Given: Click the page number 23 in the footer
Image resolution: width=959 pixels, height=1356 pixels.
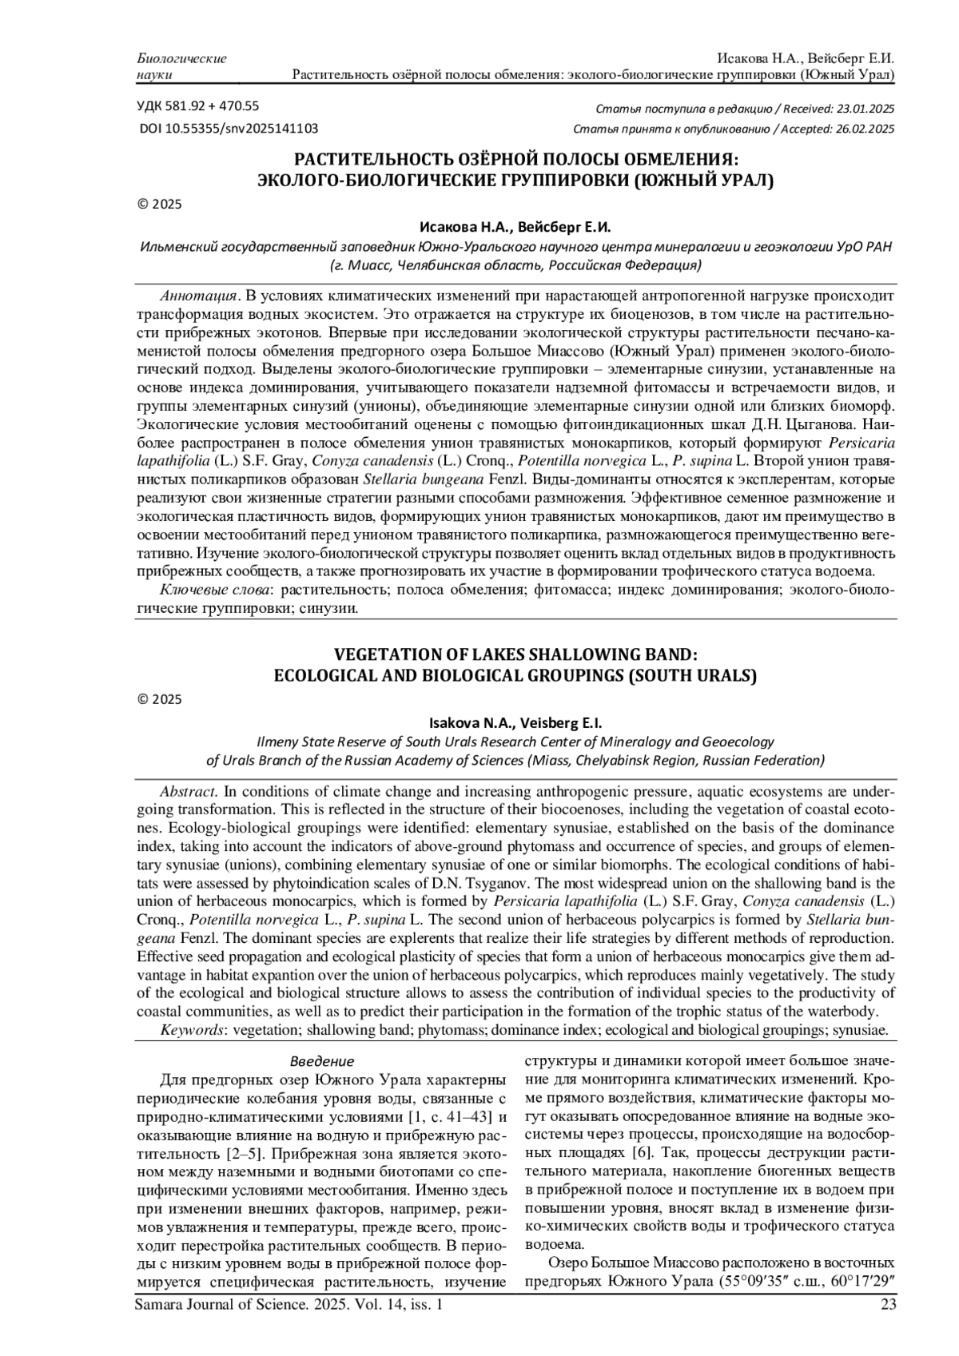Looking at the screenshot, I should tap(887, 1306).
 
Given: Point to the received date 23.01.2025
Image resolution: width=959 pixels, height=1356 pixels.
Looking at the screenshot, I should tap(860, 109).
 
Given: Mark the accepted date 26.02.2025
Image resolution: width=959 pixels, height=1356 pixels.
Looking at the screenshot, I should tap(860, 129).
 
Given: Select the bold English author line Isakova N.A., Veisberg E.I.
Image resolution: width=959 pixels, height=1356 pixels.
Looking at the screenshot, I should tap(515, 724).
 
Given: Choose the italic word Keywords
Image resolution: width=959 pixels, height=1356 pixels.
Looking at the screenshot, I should tap(192, 1030).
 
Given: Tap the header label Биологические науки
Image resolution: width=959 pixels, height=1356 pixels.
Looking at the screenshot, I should tap(182, 67).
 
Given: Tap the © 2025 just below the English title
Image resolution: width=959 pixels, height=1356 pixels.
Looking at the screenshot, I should tap(161, 700).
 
